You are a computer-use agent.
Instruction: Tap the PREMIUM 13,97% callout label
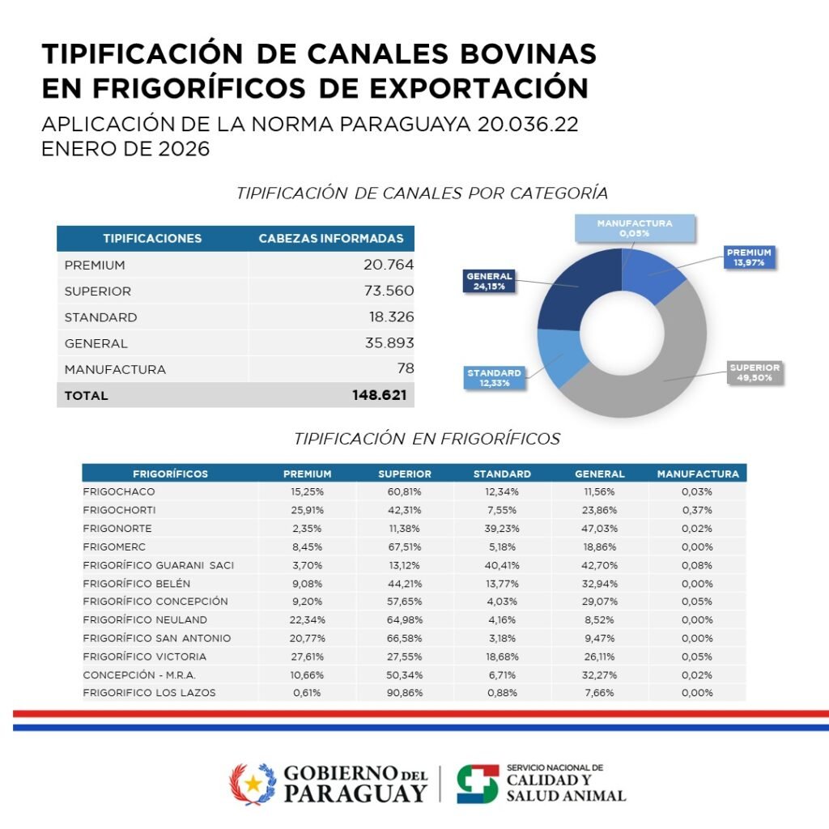click(x=749, y=257)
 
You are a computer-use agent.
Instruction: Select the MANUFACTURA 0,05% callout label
click(x=635, y=228)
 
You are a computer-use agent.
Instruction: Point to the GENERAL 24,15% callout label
click(x=489, y=281)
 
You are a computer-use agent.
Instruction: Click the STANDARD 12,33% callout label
click(x=493, y=377)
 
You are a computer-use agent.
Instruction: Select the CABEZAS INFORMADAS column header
click(x=330, y=239)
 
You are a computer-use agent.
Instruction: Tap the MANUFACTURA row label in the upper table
click(x=115, y=369)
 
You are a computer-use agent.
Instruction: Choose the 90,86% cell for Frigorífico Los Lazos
click(x=404, y=693)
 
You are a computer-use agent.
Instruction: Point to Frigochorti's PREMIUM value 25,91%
click(x=307, y=510)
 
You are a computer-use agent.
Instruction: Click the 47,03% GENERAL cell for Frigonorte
click(x=599, y=528)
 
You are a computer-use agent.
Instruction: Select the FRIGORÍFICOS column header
click(x=170, y=474)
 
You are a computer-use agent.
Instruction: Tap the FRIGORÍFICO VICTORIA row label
click(x=144, y=656)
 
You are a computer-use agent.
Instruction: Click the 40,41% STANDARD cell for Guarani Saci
click(x=502, y=565)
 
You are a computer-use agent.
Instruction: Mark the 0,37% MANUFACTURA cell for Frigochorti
click(x=696, y=510)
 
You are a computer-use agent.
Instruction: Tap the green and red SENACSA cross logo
click(x=477, y=784)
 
